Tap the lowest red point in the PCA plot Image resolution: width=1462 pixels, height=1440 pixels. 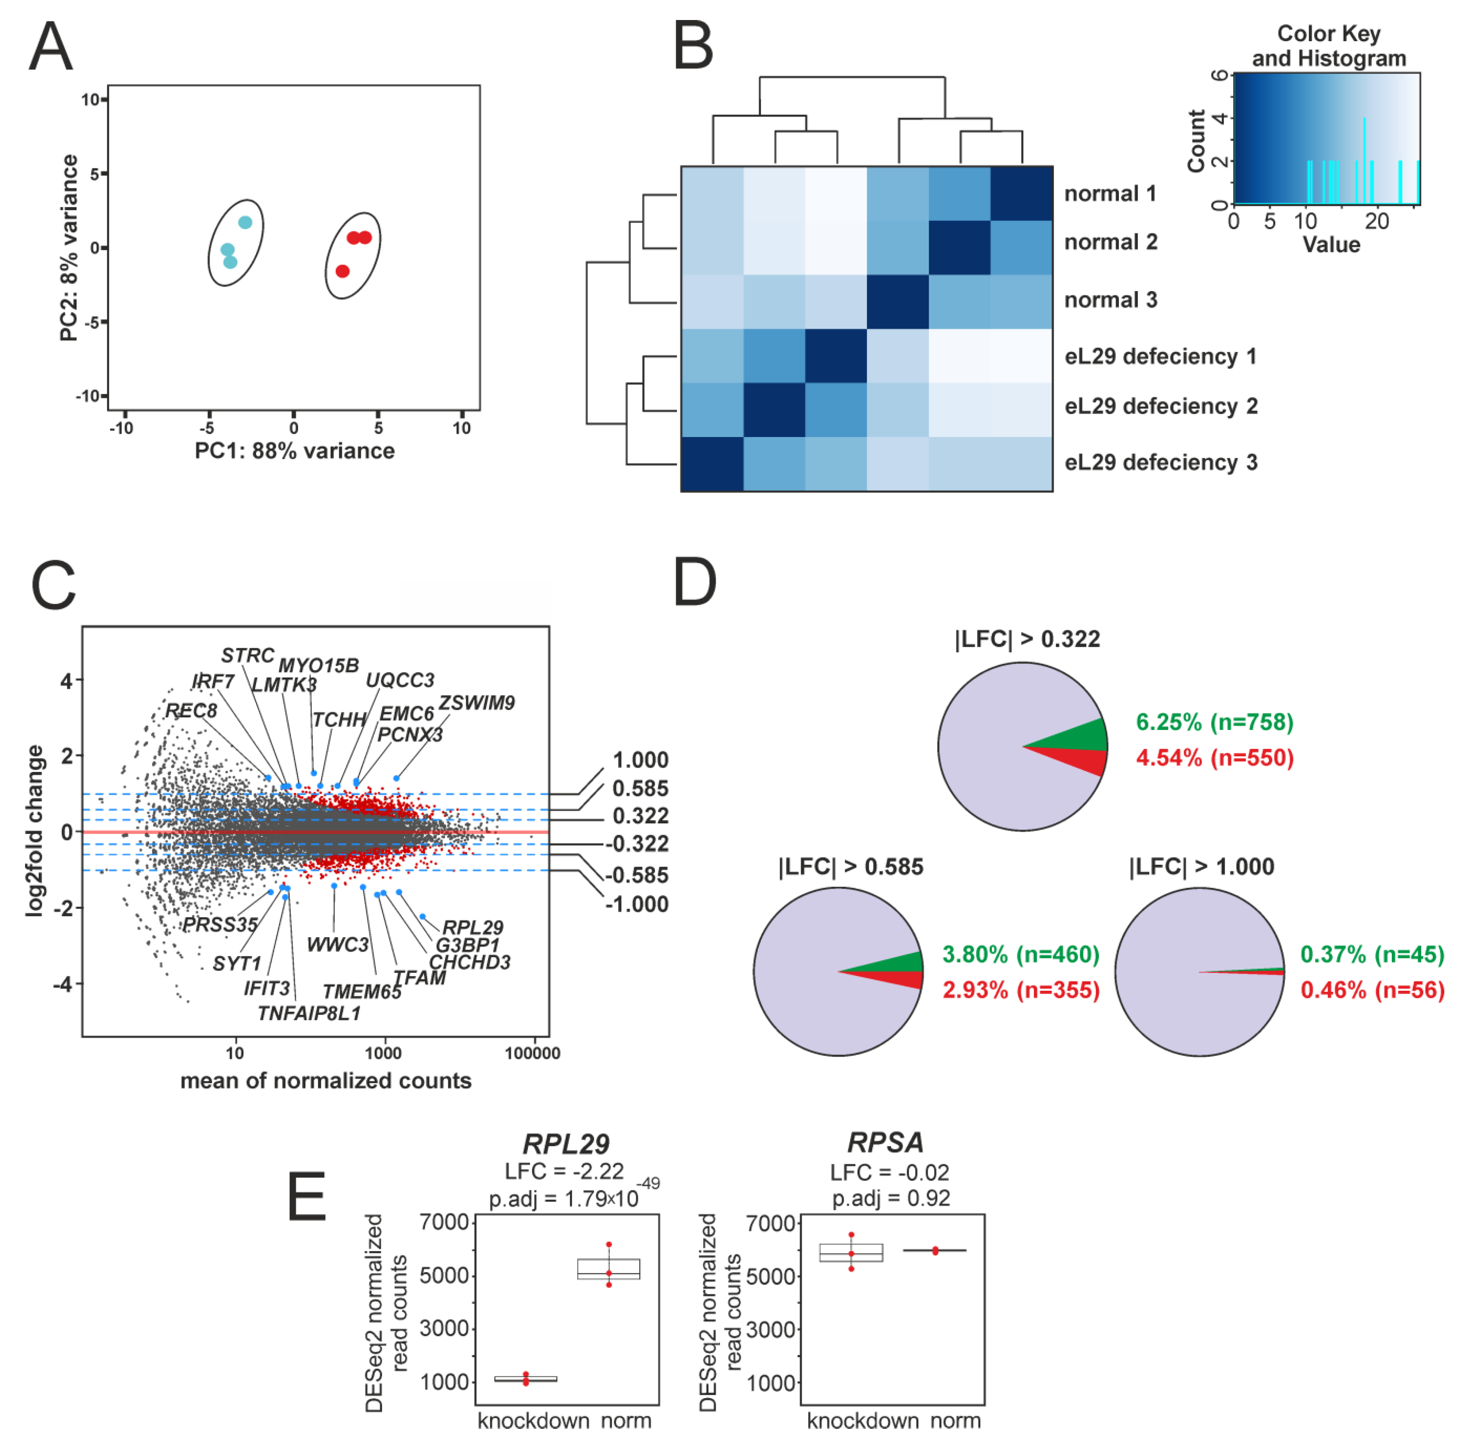point(343,271)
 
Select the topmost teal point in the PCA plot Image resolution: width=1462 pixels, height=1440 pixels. point(245,223)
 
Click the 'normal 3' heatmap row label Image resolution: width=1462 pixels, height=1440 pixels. point(1110,300)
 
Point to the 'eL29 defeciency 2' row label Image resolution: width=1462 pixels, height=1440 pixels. point(1160,406)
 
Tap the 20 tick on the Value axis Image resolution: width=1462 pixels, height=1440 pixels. point(1377,222)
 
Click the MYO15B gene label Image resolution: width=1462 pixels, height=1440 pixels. point(318,666)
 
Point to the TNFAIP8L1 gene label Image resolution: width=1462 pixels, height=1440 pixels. point(309,1013)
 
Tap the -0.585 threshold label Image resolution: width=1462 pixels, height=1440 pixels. point(637,875)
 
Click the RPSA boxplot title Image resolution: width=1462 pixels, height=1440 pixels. point(885,1142)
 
